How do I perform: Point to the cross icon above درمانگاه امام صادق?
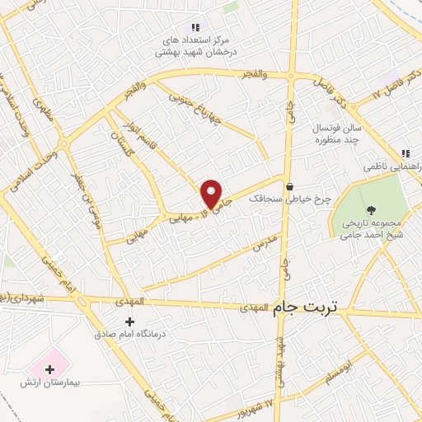tap(129, 321)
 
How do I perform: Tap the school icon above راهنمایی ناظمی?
tap(405, 152)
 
